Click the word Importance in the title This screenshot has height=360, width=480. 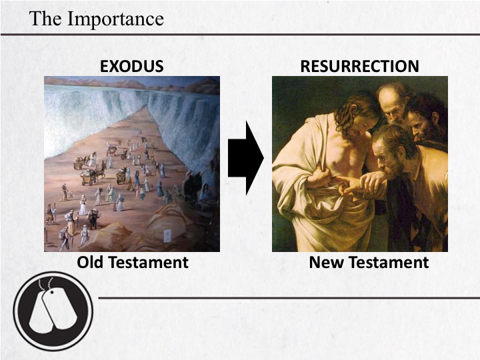tap(115, 19)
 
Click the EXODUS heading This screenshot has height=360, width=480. tap(132, 66)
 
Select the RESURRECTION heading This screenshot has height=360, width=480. tap(360, 66)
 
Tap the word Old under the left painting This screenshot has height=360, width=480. tap(90, 263)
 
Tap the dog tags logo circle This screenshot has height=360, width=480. tap(53, 311)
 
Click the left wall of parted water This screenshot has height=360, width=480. tap(92, 119)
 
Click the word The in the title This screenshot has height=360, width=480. tap(45, 19)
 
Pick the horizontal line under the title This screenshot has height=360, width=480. tap(240, 35)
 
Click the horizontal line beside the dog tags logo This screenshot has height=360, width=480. tap(289, 297)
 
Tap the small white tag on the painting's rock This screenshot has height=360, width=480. tap(167, 236)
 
